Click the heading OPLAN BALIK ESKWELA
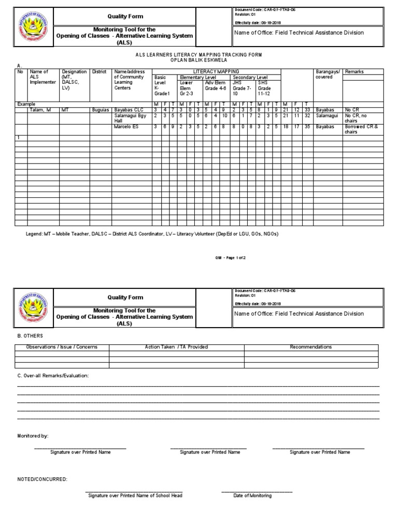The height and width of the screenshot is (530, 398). pyautogui.click(x=199, y=60)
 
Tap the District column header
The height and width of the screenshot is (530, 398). pyautogui.click(x=99, y=72)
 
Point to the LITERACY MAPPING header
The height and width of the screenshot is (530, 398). pyautogui.click(x=216, y=71)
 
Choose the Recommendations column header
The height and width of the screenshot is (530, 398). pyautogui.click(x=311, y=347)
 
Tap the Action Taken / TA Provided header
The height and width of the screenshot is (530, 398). pyautogui.click(x=176, y=347)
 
